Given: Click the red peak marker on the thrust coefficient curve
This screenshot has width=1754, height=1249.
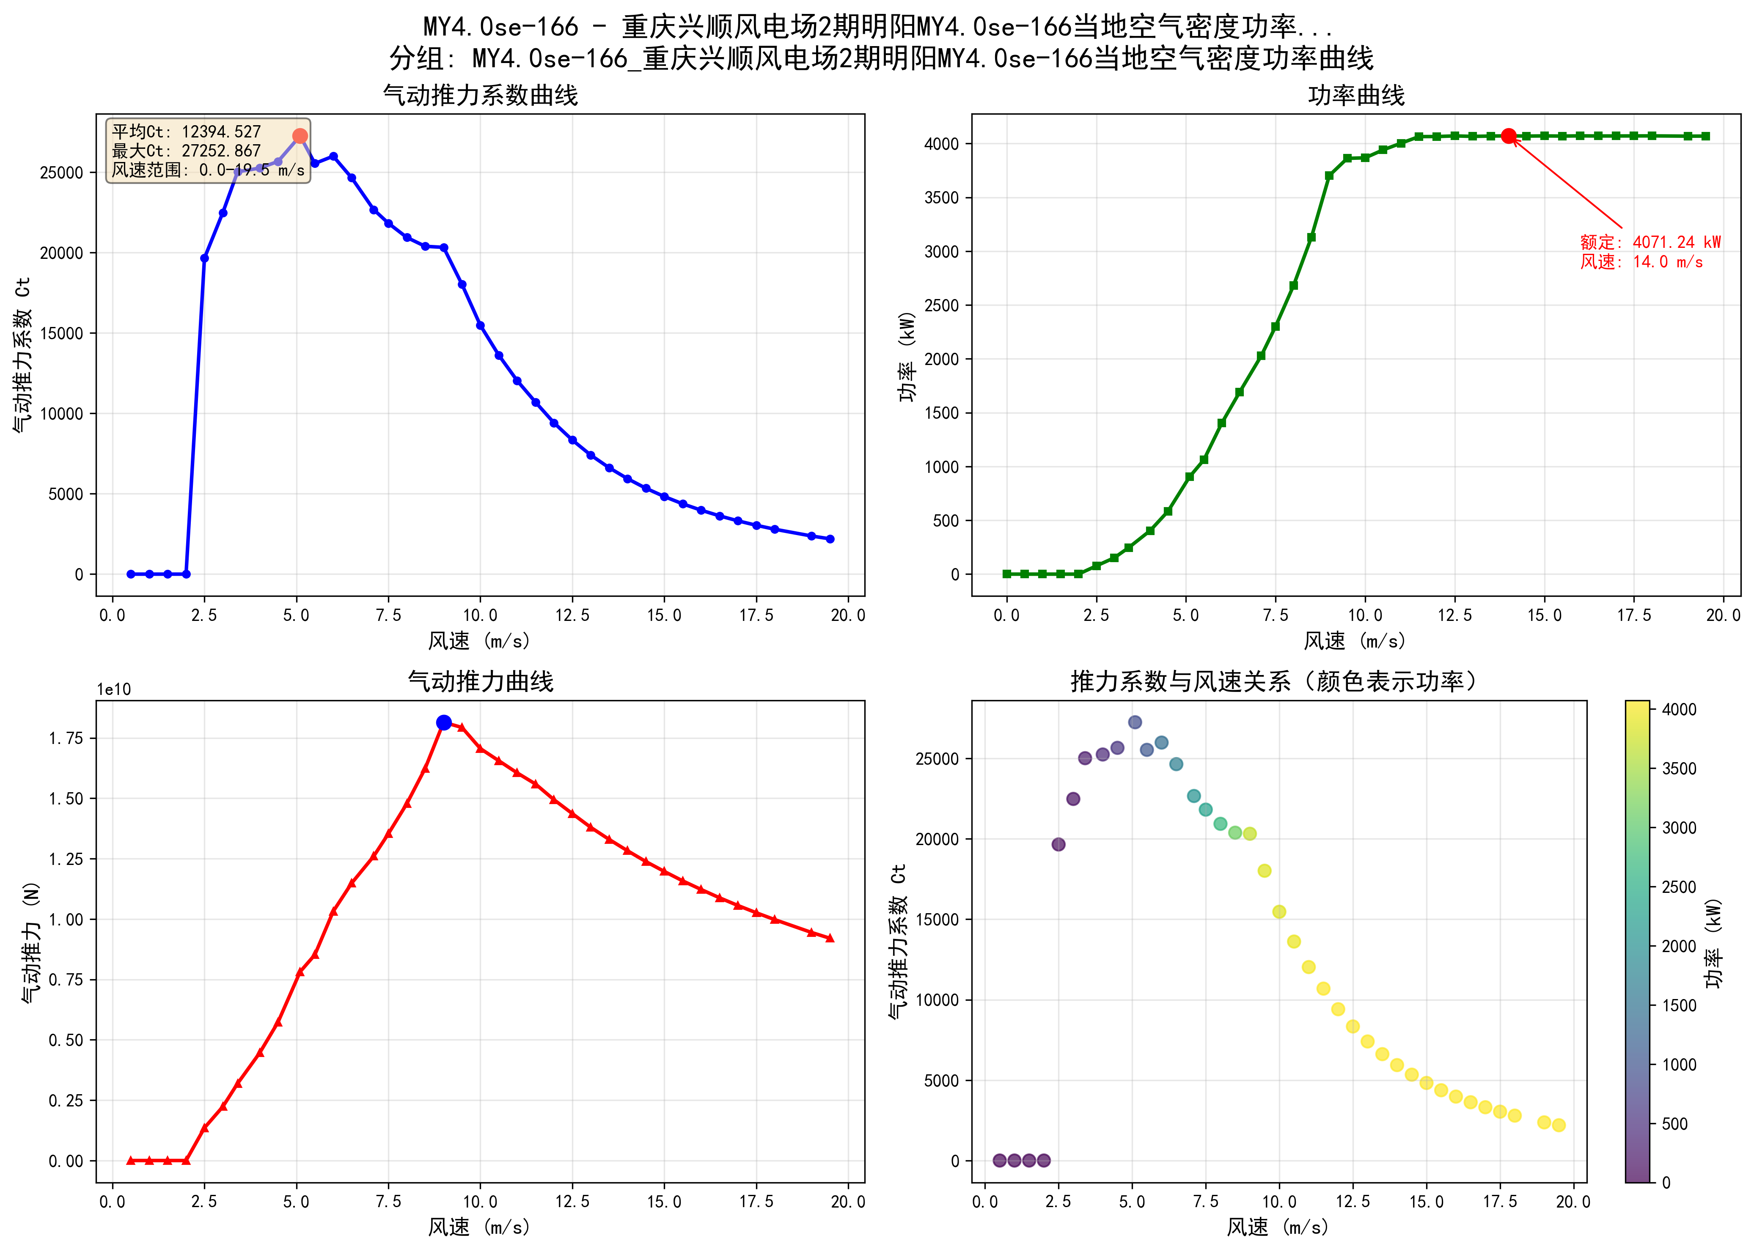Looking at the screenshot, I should tap(300, 136).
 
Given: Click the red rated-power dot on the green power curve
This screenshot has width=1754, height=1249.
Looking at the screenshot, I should tap(1509, 136).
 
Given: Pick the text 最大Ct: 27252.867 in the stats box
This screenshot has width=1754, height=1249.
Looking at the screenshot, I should tap(186, 151).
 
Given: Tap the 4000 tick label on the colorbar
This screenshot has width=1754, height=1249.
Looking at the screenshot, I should tap(1679, 709).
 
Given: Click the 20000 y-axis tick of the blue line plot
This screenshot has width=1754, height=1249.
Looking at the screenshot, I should tap(62, 253).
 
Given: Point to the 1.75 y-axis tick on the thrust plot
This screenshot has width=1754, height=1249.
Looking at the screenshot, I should tap(66, 738).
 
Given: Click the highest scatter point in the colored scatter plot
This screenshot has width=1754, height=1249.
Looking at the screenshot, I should tap(1135, 722).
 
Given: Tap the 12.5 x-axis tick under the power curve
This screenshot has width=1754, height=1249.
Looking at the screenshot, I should tap(1455, 615).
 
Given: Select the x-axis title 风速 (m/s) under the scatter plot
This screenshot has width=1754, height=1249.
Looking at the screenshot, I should tap(1278, 1227).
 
